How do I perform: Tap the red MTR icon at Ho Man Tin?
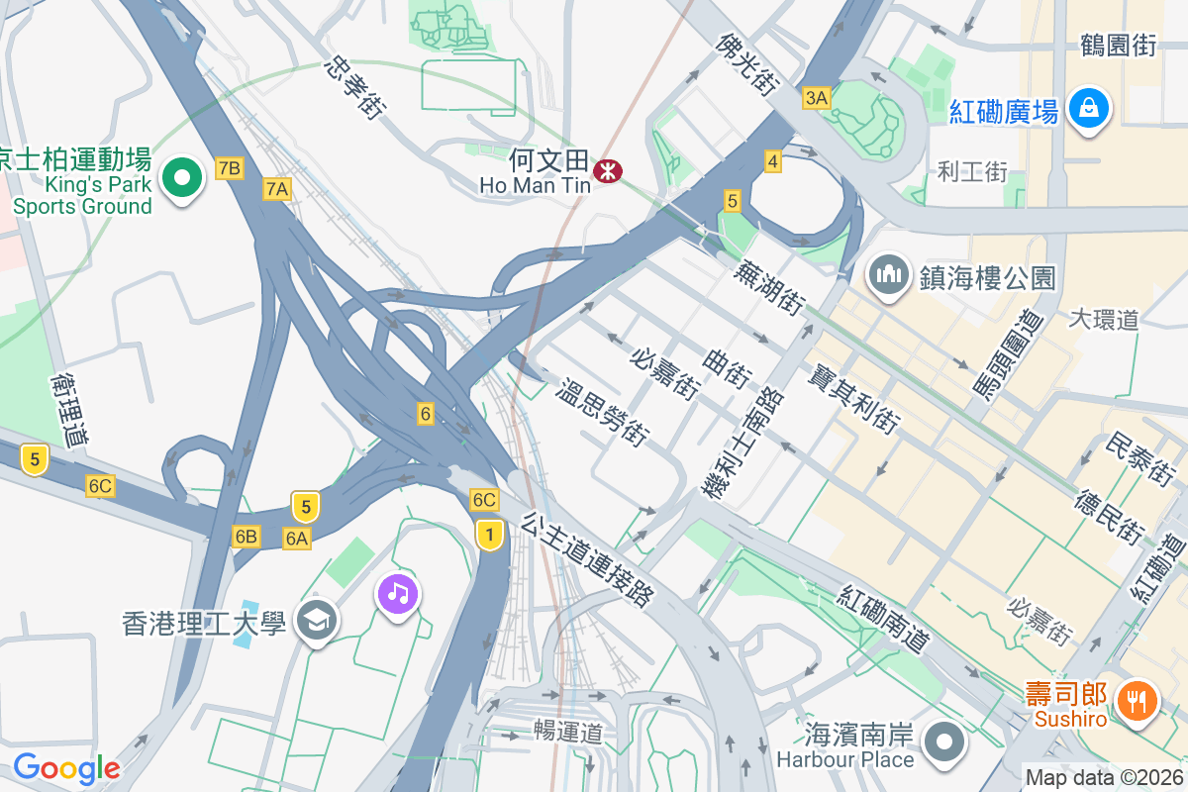607,172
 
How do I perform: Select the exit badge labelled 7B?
229,168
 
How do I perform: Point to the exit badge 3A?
816,97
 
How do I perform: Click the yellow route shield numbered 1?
488,535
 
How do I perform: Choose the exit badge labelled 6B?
246,537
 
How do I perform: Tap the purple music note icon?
397,593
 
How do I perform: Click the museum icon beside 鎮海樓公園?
889,274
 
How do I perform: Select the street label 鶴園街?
1118,45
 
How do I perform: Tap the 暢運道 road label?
567,734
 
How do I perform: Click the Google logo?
66,768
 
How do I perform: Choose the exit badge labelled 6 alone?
426,414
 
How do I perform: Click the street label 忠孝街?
353,87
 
